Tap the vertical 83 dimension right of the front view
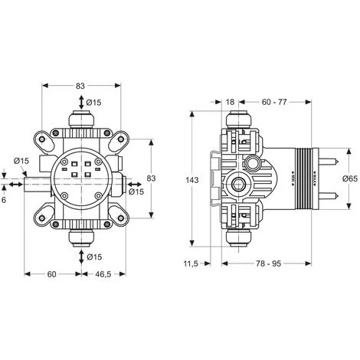click(152, 178)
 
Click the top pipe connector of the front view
click(81, 120)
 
